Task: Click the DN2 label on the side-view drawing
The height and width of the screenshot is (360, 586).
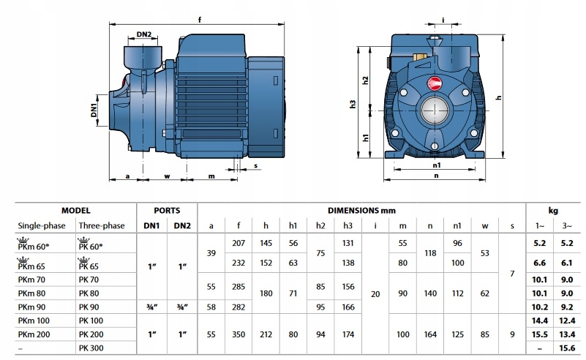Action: point(144,34)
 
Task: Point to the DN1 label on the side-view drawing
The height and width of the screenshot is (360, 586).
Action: point(94,108)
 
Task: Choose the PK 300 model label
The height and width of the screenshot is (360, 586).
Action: point(91,347)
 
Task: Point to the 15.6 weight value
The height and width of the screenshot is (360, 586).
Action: point(566,347)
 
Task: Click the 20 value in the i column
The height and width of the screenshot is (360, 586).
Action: point(375,293)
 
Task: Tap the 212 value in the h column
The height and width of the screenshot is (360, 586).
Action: point(266,333)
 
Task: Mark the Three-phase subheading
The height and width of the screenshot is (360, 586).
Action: point(102,225)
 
